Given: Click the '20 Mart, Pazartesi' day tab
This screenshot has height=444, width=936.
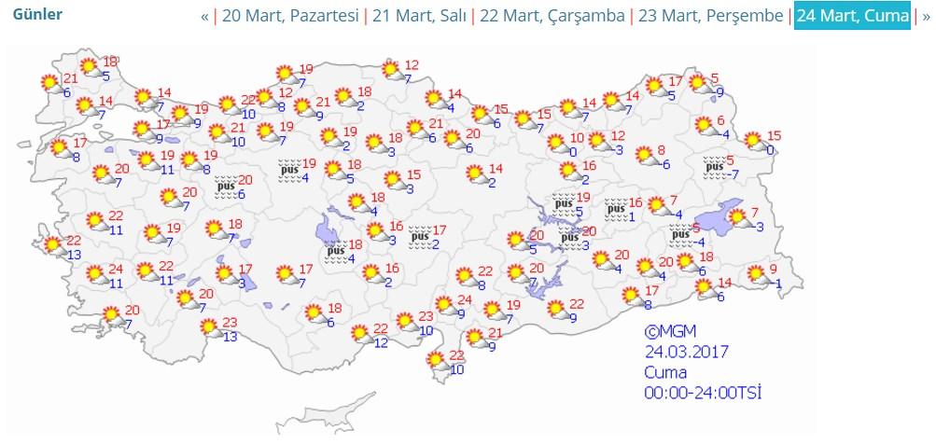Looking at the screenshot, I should click(290, 17).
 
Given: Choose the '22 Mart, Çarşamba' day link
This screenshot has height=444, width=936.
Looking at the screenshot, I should click(552, 17).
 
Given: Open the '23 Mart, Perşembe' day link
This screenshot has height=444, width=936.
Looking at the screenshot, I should click(711, 17).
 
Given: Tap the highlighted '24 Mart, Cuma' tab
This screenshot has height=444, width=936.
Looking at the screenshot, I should click(851, 17).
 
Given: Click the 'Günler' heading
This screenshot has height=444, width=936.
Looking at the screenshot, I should click(37, 16).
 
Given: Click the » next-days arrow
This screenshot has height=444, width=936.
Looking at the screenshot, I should click(926, 17).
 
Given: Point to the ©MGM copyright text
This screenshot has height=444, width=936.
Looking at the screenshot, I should click(670, 332).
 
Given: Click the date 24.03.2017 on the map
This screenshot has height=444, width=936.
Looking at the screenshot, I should click(686, 352).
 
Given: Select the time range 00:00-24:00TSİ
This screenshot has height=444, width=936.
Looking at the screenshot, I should click(703, 393).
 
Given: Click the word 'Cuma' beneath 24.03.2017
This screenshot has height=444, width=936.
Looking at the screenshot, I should click(664, 372).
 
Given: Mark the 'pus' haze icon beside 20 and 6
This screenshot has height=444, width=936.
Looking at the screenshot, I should click(225, 187).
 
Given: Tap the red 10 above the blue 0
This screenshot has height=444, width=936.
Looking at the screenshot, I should click(577, 137).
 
